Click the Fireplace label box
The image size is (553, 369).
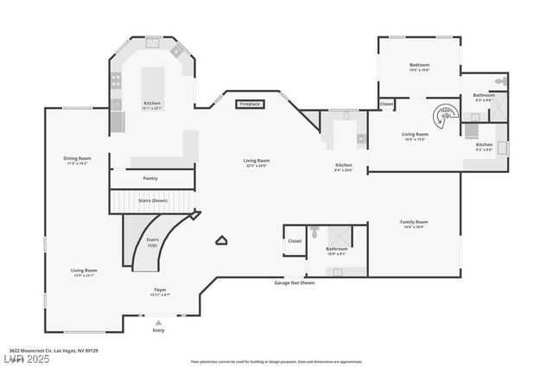(x=250, y=104)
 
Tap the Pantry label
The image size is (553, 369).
(x=149, y=178)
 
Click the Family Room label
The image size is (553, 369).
(x=414, y=224)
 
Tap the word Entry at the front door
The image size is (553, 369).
(x=158, y=330)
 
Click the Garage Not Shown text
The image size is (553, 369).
(x=295, y=283)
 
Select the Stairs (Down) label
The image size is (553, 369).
(x=152, y=200)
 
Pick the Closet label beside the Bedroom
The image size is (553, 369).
(x=386, y=104)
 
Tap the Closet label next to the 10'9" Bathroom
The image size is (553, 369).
(x=295, y=241)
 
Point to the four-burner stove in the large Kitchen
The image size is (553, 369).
(x=115, y=81)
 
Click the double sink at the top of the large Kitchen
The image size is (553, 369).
(x=151, y=41)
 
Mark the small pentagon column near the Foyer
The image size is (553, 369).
(x=222, y=242)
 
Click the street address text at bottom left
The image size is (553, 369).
(x=60, y=350)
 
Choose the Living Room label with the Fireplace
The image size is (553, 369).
(x=257, y=162)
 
